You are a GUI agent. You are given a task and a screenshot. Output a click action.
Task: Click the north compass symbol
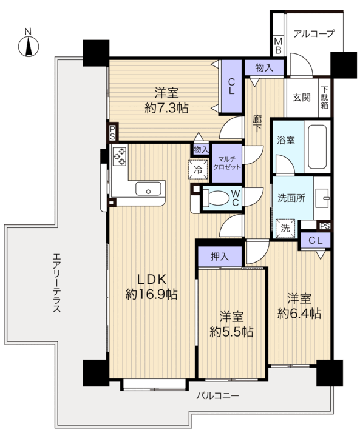click(x=28, y=46)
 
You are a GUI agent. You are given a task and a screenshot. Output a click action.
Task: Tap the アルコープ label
click(x=314, y=34)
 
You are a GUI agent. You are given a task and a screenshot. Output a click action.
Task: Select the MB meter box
click(x=278, y=46)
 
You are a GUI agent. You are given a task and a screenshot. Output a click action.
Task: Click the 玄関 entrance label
click(x=301, y=98)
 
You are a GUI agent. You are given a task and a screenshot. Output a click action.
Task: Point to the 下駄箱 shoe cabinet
click(x=325, y=98)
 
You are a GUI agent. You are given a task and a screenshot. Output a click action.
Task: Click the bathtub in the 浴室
click(x=317, y=147)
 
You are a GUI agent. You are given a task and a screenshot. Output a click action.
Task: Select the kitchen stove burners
click(x=120, y=156)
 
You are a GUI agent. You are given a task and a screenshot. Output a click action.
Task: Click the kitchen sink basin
click(x=148, y=189)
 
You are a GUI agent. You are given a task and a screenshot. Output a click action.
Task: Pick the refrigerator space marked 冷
click(x=198, y=169)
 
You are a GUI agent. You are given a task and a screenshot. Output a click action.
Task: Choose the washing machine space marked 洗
click(x=285, y=228)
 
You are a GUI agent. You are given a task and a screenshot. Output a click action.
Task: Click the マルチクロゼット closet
click(x=226, y=163)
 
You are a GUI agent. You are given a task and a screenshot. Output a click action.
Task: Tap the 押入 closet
click(x=220, y=257)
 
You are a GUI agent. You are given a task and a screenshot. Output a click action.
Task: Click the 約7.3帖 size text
click(x=167, y=108)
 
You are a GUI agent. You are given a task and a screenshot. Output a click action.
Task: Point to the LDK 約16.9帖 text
click(x=152, y=287)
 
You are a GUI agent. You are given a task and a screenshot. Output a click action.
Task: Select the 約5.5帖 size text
click(x=231, y=332)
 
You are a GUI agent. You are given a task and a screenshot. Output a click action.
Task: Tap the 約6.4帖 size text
click(x=299, y=314)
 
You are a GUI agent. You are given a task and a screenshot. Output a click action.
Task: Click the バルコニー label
click(x=217, y=396)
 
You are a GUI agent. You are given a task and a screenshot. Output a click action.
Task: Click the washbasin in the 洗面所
click(x=322, y=198)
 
